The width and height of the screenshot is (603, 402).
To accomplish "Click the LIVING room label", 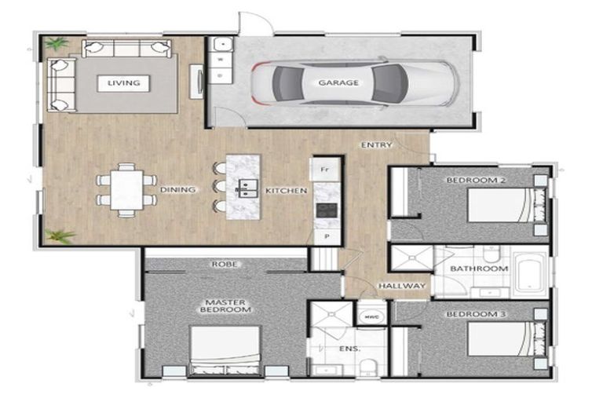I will [124, 82].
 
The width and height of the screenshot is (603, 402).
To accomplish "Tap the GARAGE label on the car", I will [338, 82].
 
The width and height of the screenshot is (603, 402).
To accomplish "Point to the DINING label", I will [177, 190].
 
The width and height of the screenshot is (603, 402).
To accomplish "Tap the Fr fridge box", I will [323, 168].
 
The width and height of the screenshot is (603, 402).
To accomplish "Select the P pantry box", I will [324, 236].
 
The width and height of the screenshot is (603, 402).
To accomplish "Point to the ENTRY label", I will [376, 145].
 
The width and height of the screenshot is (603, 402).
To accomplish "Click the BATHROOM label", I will [478, 269].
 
